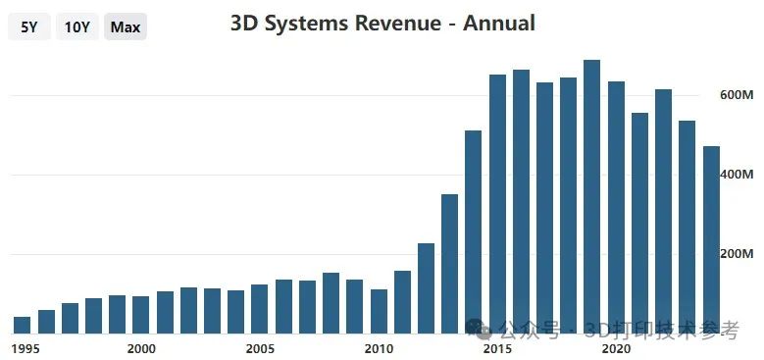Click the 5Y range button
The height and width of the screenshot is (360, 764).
pyautogui.click(x=28, y=26)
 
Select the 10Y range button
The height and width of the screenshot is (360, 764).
pyautogui.click(x=77, y=26)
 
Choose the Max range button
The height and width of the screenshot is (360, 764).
pyautogui.click(x=126, y=26)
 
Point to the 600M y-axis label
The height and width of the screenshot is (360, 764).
pyautogui.click(x=736, y=95)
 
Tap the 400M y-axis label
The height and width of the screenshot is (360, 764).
pyautogui.click(x=736, y=175)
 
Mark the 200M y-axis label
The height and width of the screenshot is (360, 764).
pyautogui.click(x=736, y=254)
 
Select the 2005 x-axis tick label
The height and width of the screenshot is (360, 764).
pyautogui.click(x=260, y=348)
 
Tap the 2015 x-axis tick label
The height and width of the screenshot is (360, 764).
pyautogui.click(x=497, y=348)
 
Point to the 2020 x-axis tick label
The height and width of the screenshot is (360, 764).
pyautogui.click(x=616, y=348)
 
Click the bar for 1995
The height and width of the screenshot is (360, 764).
pyautogui.click(x=22, y=325)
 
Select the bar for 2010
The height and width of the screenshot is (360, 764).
pyautogui.click(x=379, y=311)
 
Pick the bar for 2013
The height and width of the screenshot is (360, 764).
pyautogui.click(x=449, y=264)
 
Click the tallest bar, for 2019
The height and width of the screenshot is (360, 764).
pyautogui.click(x=591, y=196)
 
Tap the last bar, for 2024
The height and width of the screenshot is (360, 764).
pyautogui.click(x=711, y=239)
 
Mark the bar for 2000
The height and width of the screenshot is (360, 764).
pyautogui.click(x=140, y=315)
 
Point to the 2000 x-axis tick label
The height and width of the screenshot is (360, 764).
pyautogui.click(x=141, y=348)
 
